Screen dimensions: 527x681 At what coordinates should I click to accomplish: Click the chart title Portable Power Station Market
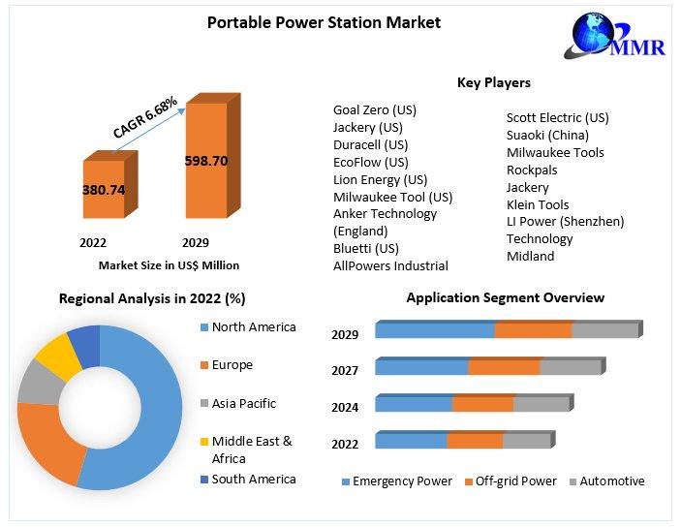point(324,22)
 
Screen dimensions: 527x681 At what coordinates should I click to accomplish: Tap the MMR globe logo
point(599,38)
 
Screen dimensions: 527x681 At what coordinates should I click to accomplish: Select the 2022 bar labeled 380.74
point(103,190)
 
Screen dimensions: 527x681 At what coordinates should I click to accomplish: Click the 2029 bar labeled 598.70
point(205,161)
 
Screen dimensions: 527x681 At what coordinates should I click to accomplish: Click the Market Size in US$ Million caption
point(169,264)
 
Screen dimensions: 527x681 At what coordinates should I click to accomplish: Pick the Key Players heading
point(493,83)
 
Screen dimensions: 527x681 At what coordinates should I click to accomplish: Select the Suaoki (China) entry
point(547,135)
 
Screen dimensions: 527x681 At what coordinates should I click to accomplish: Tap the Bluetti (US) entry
point(366,248)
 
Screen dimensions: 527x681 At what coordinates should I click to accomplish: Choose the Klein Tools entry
point(538,204)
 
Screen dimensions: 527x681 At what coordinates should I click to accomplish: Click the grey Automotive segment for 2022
point(526,441)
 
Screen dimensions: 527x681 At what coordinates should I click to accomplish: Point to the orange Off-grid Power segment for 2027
point(504,366)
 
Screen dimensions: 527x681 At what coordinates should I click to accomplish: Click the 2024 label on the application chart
point(345,408)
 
